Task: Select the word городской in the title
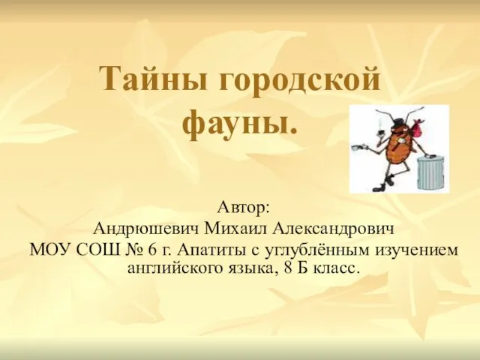(x=299, y=80)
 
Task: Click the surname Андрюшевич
(x=146, y=229)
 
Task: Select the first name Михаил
(x=235, y=229)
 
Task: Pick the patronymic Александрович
(x=331, y=229)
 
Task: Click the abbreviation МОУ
(x=50, y=250)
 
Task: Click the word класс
(x=336, y=268)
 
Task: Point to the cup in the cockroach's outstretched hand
(x=356, y=147)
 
